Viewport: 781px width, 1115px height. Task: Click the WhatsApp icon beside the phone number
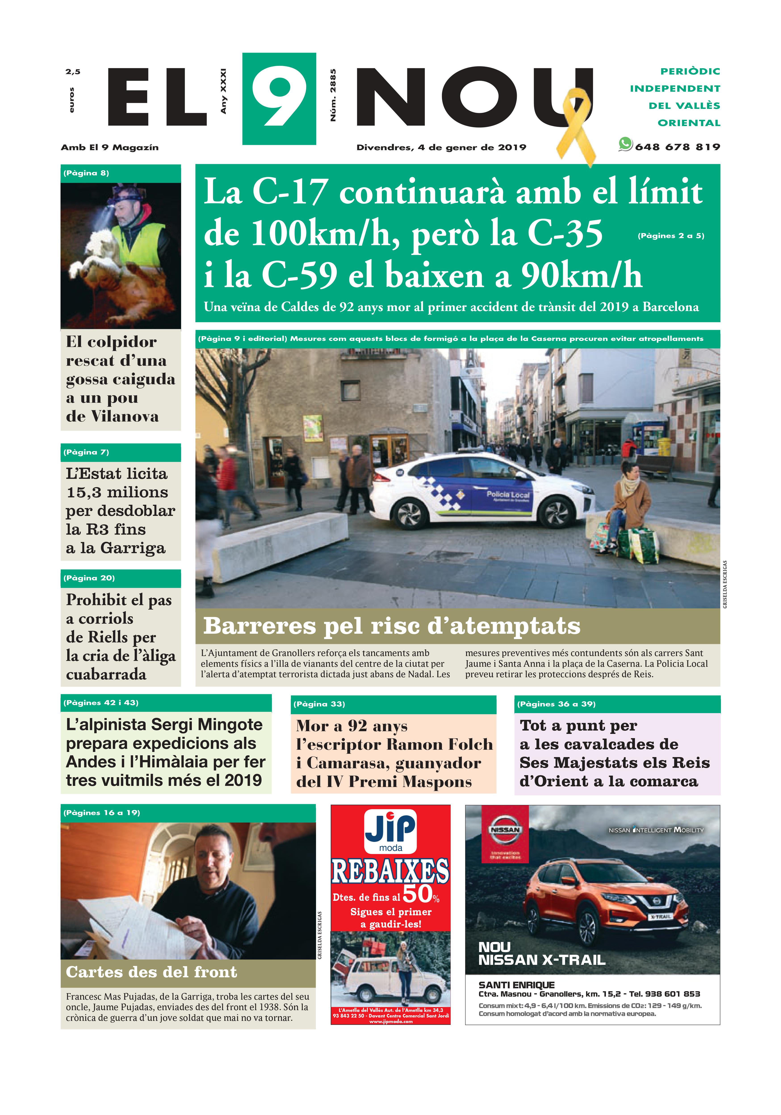[625, 144]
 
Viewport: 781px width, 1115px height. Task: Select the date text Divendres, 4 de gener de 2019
[441, 147]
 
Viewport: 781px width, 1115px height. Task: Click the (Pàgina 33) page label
[319, 704]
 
